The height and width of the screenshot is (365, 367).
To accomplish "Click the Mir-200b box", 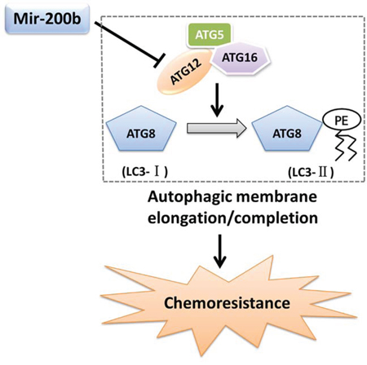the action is tap(47, 19).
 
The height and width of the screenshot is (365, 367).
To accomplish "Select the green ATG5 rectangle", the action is tap(210, 35).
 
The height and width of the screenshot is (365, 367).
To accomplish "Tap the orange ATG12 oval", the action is tap(185, 72).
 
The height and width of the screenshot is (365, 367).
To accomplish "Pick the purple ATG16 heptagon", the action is tap(240, 58).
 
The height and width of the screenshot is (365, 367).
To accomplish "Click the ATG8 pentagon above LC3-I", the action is tap(141, 129).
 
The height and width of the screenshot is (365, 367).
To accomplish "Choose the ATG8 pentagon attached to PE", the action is tap(287, 129).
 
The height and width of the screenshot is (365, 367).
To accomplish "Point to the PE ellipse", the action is tap(342, 120).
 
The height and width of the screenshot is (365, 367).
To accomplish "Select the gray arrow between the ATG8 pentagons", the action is tap(217, 128).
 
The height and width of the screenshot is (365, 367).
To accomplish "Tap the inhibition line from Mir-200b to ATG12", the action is tap(128, 42).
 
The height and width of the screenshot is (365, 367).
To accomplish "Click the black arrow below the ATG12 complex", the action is tap(217, 100).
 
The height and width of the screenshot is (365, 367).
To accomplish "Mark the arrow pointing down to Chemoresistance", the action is tap(219, 251).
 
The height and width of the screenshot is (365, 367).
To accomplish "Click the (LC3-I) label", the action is tap(144, 172).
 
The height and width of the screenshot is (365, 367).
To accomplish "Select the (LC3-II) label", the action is tap(311, 172).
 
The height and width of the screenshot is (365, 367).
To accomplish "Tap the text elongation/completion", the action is tap(232, 218).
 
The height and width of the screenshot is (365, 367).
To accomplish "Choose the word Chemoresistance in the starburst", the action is tap(227, 303).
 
